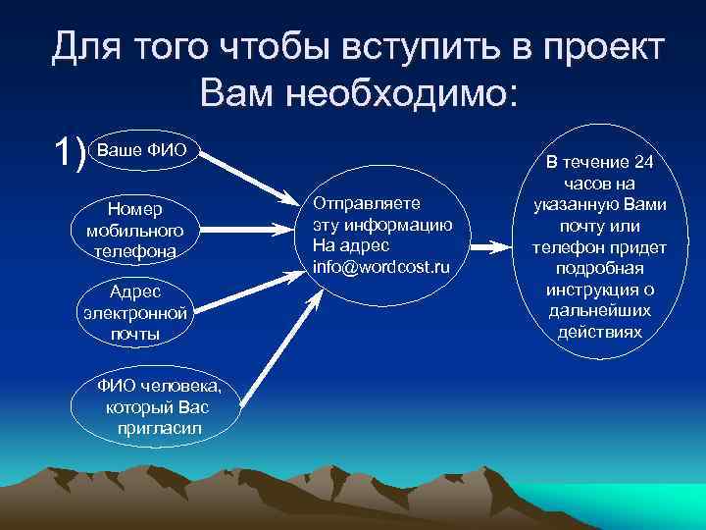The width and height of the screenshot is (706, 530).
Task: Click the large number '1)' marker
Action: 69,152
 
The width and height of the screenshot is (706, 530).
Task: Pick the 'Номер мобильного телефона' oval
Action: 136,231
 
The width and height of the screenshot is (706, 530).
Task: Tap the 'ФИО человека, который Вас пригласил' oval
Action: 159,405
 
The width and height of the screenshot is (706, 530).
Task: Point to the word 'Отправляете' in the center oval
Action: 366,202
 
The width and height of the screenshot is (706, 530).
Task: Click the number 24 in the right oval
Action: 642,162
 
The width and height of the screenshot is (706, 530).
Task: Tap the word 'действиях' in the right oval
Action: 599,332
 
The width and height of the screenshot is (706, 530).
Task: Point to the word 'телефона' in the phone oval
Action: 136,251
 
